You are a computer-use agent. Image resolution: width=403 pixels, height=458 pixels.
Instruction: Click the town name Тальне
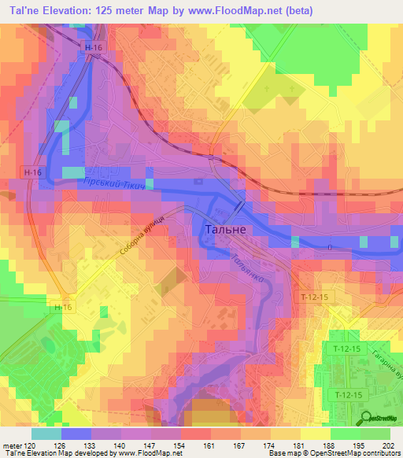225,230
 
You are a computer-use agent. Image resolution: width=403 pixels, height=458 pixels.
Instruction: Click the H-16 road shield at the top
93,48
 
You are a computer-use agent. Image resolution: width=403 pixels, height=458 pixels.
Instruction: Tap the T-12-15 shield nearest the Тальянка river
313,297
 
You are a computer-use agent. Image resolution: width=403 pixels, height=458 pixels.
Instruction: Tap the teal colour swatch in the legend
46,434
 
